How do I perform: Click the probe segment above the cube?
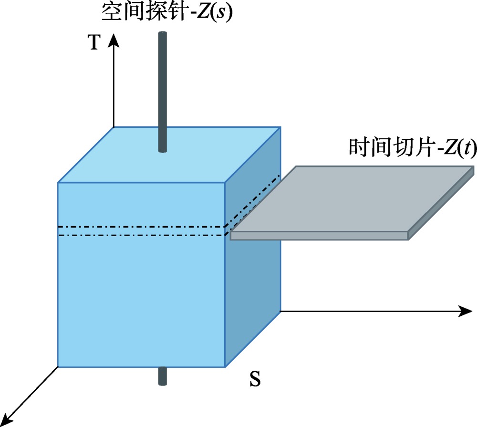163,91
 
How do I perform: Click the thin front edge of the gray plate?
320,236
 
